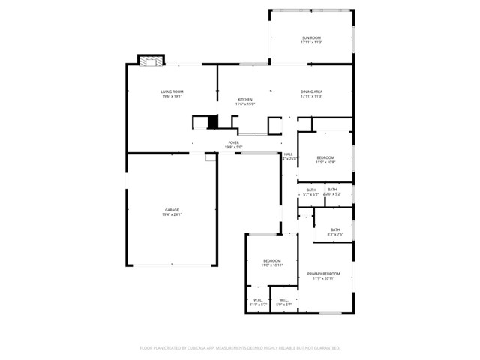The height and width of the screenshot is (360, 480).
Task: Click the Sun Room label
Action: [x=311, y=37]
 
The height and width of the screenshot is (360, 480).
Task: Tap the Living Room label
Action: [x=172, y=91]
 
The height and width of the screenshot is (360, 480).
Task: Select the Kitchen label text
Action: [x=245, y=99]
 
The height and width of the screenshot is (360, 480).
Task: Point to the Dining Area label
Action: [x=311, y=91]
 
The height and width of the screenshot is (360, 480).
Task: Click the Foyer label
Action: [x=233, y=142]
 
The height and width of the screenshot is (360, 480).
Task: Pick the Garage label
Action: [x=172, y=209]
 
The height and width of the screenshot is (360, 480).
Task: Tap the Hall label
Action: [x=288, y=154]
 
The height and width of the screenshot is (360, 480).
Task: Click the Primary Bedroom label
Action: [x=324, y=274]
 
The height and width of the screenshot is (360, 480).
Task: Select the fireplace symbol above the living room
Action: [x=148, y=61]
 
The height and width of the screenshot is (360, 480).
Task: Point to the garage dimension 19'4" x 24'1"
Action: [x=172, y=214]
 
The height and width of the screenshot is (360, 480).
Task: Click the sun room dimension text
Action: [x=311, y=43]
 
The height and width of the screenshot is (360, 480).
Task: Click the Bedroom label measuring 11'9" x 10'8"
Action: [x=324, y=157]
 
